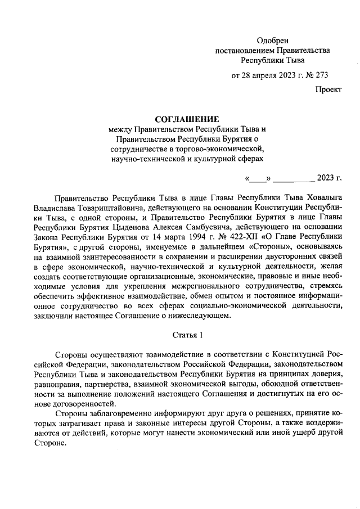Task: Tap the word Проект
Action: (x=328, y=89)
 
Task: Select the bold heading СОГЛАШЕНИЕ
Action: (x=186, y=119)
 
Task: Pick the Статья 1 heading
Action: (x=186, y=335)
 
